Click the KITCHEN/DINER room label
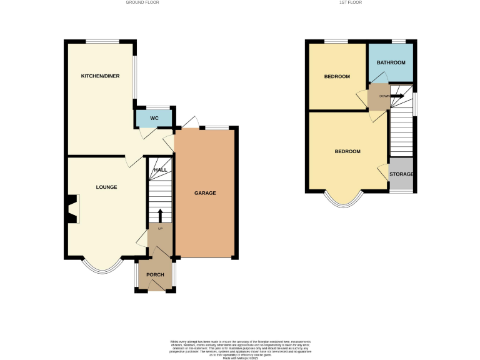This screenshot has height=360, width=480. (x=100, y=76)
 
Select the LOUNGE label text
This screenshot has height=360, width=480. (x=106, y=187)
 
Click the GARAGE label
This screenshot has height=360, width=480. (x=205, y=193)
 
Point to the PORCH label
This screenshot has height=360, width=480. (x=155, y=275)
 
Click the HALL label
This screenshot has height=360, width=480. (x=161, y=170)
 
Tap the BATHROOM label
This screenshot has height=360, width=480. (x=391, y=62)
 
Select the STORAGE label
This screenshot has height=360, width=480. (x=401, y=173)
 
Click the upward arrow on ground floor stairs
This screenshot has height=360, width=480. (x=160, y=215)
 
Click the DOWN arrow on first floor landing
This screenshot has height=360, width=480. (x=397, y=96)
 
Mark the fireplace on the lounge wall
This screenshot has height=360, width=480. (x=73, y=209)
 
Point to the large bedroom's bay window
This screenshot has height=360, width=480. (x=344, y=199)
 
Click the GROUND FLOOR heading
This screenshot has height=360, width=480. (x=142, y=2)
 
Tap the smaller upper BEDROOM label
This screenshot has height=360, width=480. (x=337, y=76)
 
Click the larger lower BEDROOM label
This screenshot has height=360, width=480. (x=347, y=152)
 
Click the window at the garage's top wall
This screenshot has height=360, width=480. (x=217, y=127)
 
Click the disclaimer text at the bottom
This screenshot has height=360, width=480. (x=239, y=347)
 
